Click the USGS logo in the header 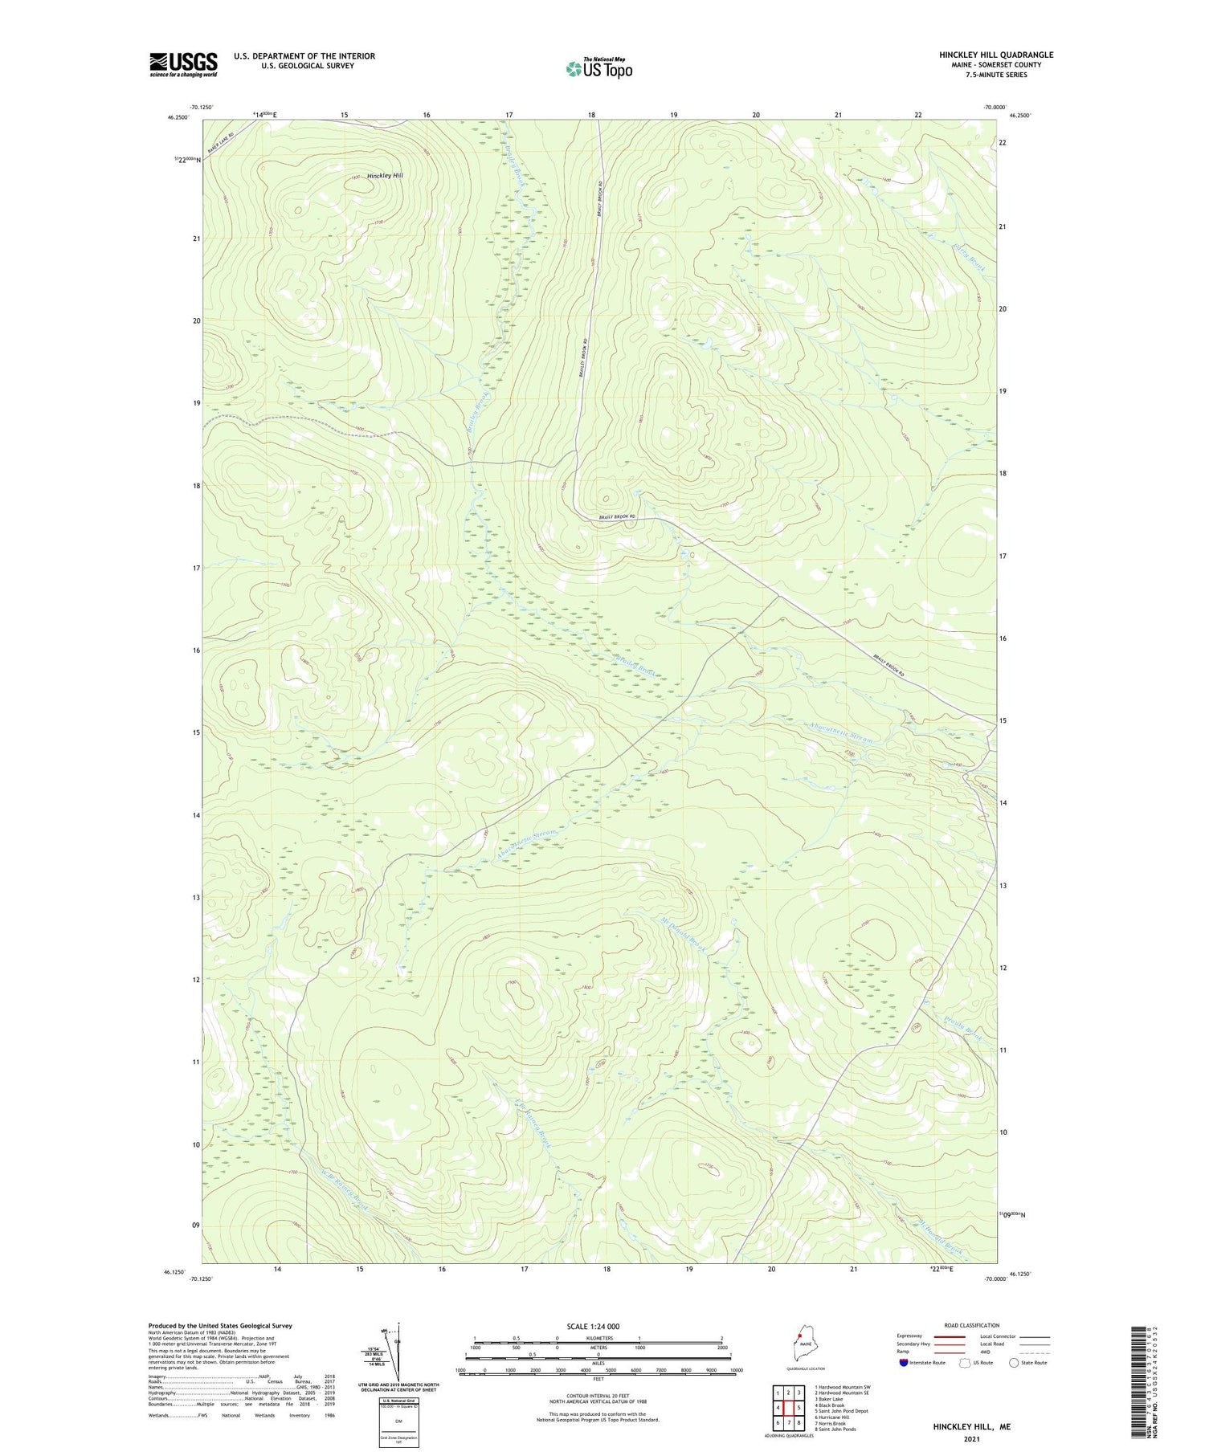[183, 64]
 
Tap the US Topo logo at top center [598, 68]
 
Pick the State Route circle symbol [1014, 1363]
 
